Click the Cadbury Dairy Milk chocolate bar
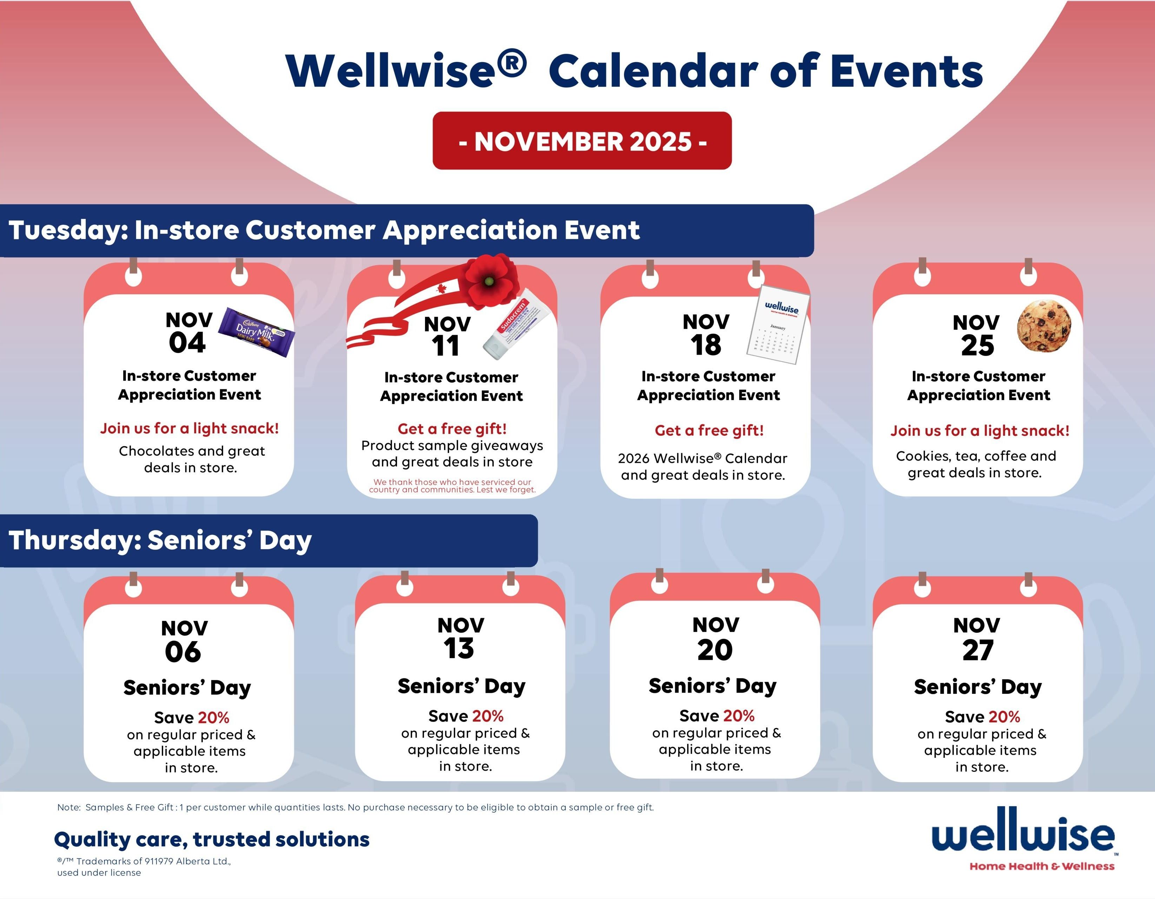(257, 332)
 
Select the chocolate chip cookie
(1044, 326)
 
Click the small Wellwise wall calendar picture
(778, 324)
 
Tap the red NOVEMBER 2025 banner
(582, 141)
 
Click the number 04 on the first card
(187, 342)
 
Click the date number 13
(459, 648)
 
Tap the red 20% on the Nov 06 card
(214, 717)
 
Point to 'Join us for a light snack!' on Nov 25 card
(980, 431)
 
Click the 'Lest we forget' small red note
(452, 486)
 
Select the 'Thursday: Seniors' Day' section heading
(160, 540)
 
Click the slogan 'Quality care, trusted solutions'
(212, 840)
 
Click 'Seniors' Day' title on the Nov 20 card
(713, 686)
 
